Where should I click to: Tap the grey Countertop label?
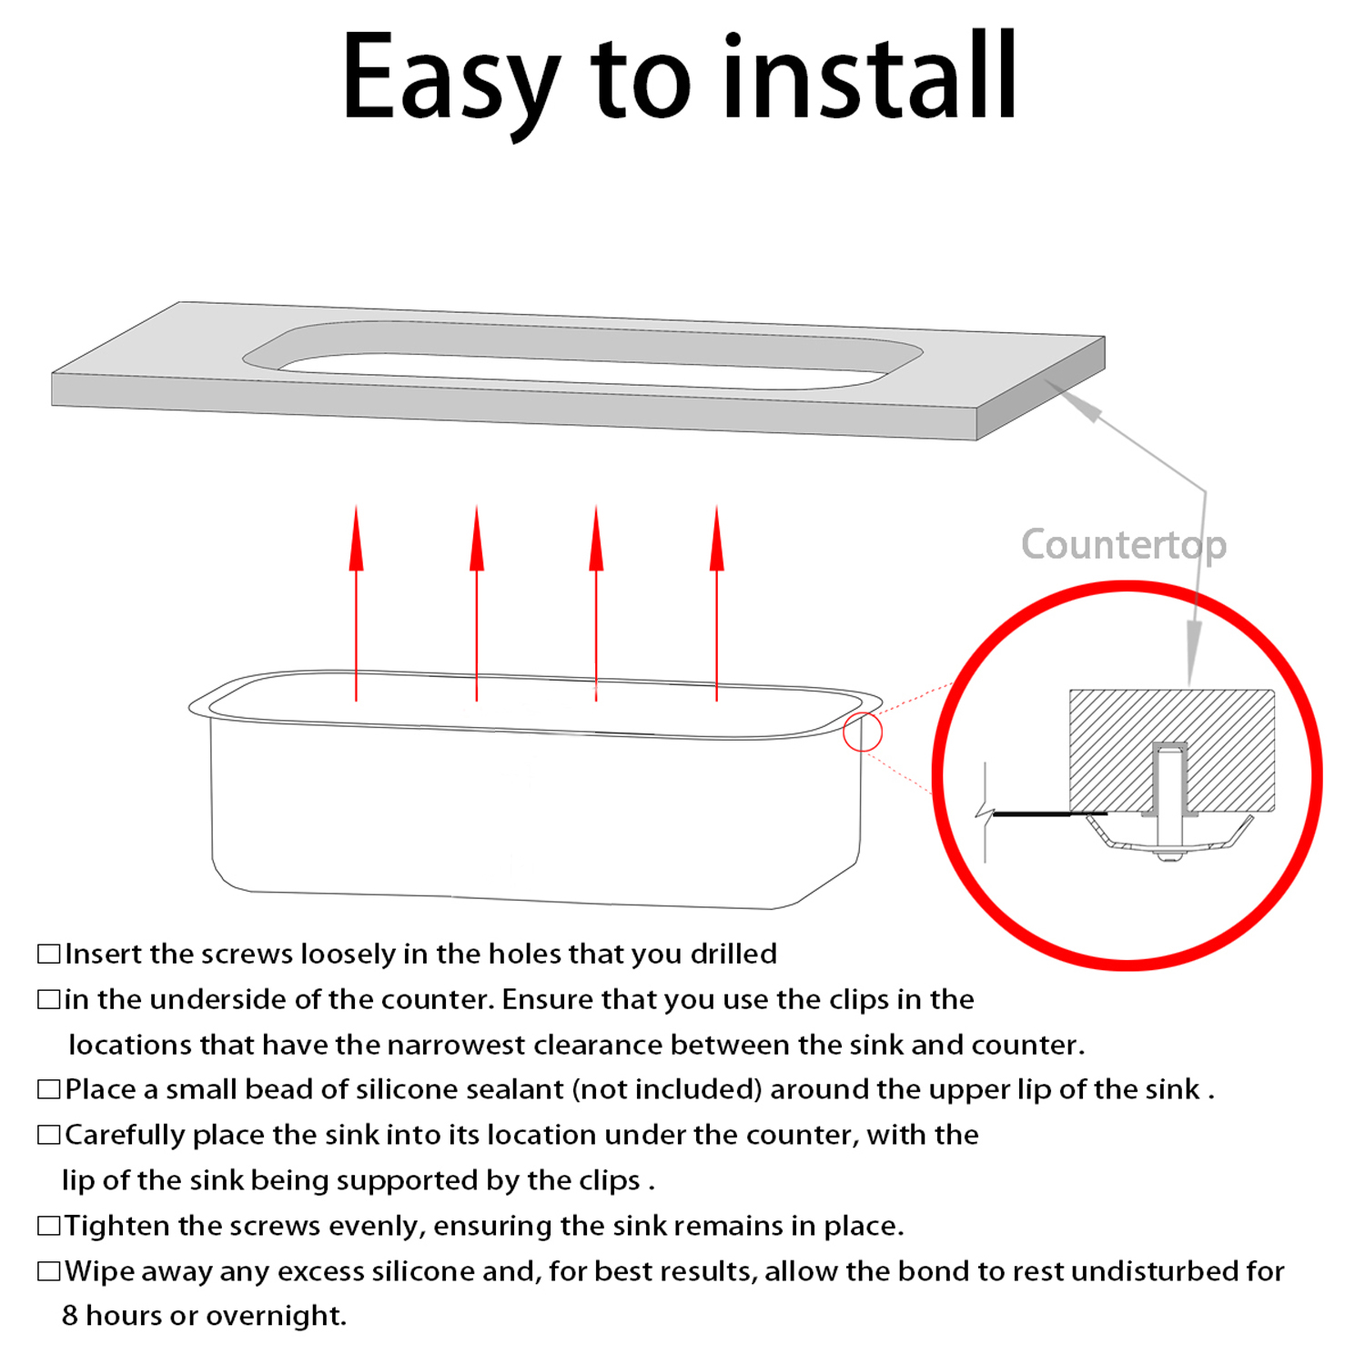coord(1124,545)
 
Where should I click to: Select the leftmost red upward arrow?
coord(356,602)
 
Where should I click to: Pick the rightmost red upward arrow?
coord(717,602)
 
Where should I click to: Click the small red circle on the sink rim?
coord(863,732)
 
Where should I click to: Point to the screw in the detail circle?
coord(1169,801)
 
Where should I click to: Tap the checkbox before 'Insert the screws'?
coord(48,954)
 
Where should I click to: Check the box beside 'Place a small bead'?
coord(48,1089)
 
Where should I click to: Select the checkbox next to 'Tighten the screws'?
coord(48,1226)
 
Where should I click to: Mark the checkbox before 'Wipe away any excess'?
coord(48,1270)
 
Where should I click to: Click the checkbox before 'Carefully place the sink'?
coord(48,1135)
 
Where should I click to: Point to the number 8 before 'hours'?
coord(70,1316)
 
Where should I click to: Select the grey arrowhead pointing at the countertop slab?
coord(1075,400)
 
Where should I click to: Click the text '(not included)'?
coord(667,1089)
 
